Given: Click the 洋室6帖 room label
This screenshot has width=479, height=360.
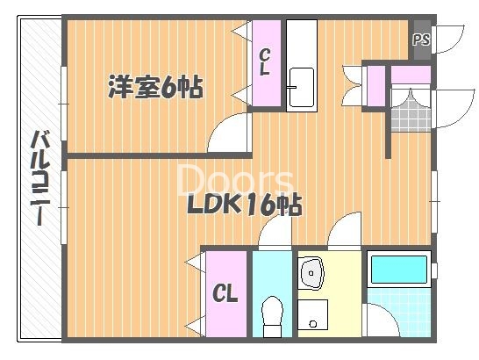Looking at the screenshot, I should click(x=155, y=86).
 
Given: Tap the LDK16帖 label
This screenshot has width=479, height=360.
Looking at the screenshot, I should click(x=244, y=205).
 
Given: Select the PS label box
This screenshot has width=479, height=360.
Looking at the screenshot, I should click(x=421, y=39).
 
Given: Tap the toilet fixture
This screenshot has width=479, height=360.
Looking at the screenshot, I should click(x=273, y=315).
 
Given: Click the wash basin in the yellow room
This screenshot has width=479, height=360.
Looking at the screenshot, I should click(x=311, y=274).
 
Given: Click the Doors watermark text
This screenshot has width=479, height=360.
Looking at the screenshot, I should click(x=235, y=179).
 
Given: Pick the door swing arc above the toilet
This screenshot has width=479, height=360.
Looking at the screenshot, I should click(x=274, y=233).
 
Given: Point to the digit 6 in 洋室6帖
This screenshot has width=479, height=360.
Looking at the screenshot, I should click(x=170, y=87).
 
